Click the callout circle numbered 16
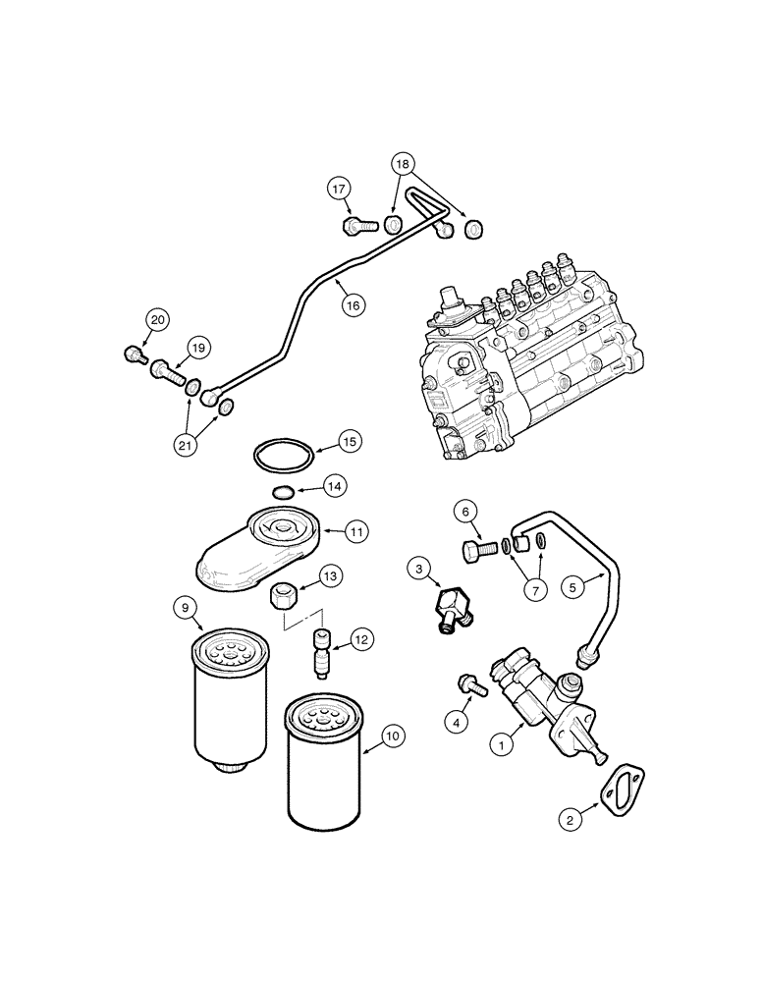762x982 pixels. click(353, 305)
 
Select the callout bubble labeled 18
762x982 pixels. click(404, 164)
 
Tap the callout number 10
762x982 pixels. click(392, 735)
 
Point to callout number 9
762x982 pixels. click(185, 608)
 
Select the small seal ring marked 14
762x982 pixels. click(281, 491)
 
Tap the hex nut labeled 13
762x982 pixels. click(285, 594)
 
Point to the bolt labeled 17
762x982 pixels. click(359, 227)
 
